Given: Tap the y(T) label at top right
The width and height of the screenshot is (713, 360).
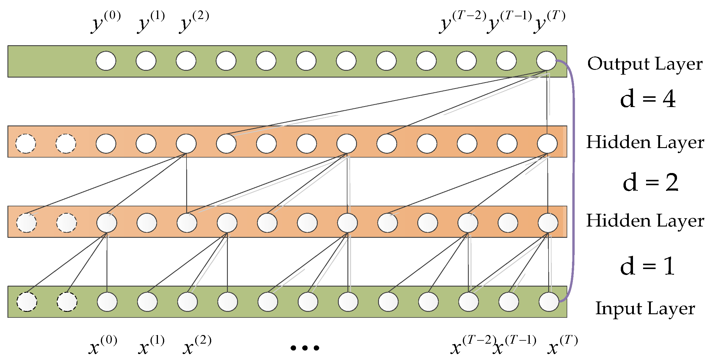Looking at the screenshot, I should tap(549, 22).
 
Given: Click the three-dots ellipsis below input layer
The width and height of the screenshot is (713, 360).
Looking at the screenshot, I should tap(305, 348).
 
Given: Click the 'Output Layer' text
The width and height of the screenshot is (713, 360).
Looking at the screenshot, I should tap(645, 64).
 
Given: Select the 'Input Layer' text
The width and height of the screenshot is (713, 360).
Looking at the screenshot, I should tap(645, 309).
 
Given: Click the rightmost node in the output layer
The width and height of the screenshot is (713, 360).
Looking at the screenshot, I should tap(546, 61).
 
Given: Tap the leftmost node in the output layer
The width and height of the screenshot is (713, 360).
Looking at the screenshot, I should tap(106, 61).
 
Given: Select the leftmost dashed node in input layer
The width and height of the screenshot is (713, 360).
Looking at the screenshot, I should tap(27, 302).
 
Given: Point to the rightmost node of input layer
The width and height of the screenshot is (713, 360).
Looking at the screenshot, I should tap(549, 302).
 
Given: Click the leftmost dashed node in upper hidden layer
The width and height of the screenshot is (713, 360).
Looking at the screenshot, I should tap(26, 144).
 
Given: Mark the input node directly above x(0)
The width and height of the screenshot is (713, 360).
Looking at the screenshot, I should tap(107, 302).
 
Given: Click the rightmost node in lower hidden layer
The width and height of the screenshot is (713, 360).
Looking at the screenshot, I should tap(548, 223).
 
